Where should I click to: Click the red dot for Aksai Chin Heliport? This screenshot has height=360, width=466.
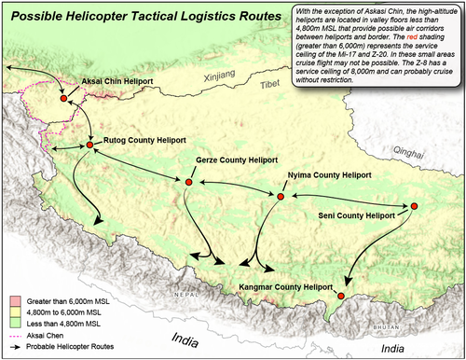point(63,98)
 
